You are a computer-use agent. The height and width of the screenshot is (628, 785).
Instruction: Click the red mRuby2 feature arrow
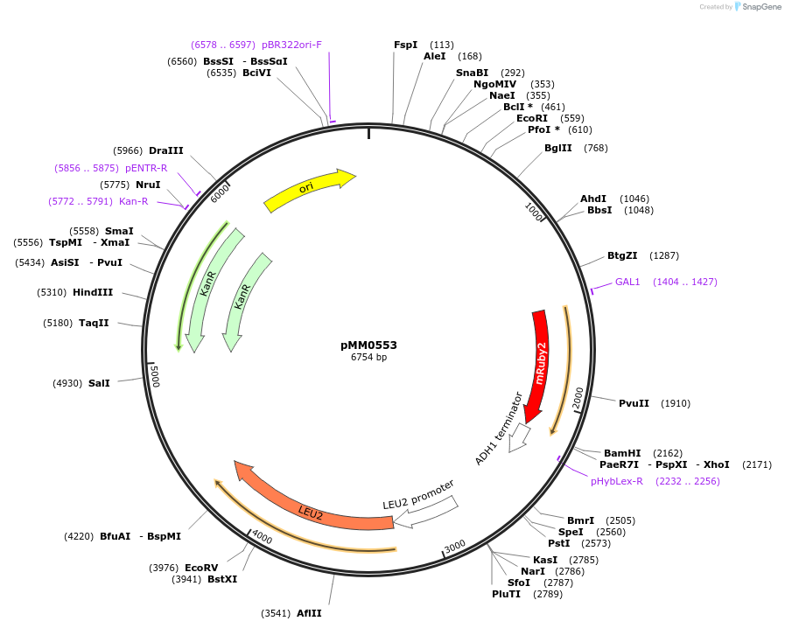539,363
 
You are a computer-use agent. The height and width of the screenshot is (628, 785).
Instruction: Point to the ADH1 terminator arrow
517,436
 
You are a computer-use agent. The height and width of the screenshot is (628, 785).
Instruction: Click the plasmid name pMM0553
368,345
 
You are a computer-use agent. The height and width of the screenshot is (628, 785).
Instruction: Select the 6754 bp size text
368,358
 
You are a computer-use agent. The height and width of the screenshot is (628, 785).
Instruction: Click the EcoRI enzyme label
532,118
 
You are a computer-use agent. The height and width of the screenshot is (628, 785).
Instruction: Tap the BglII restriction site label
557,148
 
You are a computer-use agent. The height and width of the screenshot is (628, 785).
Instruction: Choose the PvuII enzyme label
634,403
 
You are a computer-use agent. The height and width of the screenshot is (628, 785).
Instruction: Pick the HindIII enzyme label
93,292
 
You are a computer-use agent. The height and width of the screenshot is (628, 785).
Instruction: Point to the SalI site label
99,383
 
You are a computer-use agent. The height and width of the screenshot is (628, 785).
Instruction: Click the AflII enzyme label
309,613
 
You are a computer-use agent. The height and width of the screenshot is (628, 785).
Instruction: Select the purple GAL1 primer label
627,282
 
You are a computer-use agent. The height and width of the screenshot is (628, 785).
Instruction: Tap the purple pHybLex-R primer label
617,481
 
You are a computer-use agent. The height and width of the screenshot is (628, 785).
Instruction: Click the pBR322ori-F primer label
291,45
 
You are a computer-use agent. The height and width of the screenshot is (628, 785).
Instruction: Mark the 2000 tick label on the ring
577,398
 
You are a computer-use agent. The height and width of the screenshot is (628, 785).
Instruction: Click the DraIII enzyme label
166,150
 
